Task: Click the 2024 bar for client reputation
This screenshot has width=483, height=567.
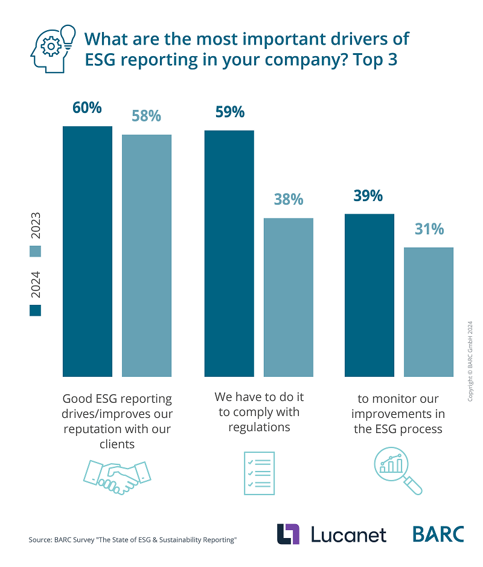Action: [x=88, y=251]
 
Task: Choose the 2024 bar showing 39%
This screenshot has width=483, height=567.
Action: [x=369, y=295]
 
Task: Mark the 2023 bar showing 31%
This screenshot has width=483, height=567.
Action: [x=428, y=312]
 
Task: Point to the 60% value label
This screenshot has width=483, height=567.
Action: [x=88, y=108]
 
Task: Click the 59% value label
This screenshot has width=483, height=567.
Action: [x=229, y=112]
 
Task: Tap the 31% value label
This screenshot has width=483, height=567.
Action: [x=429, y=229]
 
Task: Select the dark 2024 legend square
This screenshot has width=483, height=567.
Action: [x=36, y=310]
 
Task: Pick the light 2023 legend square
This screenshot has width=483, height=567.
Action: [x=36, y=251]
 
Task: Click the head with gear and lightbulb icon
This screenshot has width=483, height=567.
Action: [x=53, y=48]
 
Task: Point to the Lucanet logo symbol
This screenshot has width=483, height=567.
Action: [x=289, y=534]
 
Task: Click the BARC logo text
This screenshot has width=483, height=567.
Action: [x=438, y=534]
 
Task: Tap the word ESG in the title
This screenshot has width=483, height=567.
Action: [x=102, y=61]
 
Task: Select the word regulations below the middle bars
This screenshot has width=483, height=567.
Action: [x=259, y=428]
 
